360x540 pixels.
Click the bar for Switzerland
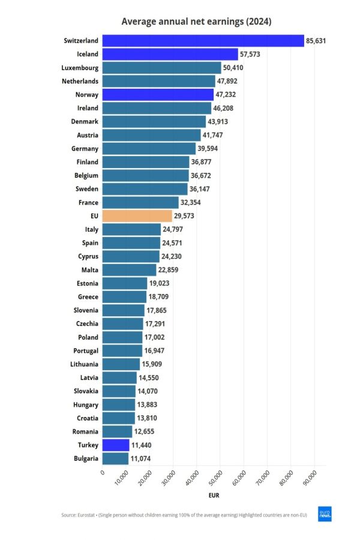click(x=203, y=40)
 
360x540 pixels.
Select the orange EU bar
click(x=137, y=216)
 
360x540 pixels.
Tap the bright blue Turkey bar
click(x=116, y=445)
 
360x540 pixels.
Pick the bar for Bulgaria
click(x=115, y=458)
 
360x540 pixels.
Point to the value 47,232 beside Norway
click(x=227, y=94)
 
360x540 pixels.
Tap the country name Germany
click(x=84, y=148)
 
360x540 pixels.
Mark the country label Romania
click(x=83, y=431)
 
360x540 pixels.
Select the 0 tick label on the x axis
click(x=103, y=473)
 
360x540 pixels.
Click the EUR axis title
click(x=214, y=496)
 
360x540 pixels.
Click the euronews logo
click(x=325, y=515)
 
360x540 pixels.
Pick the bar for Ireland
click(x=157, y=108)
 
